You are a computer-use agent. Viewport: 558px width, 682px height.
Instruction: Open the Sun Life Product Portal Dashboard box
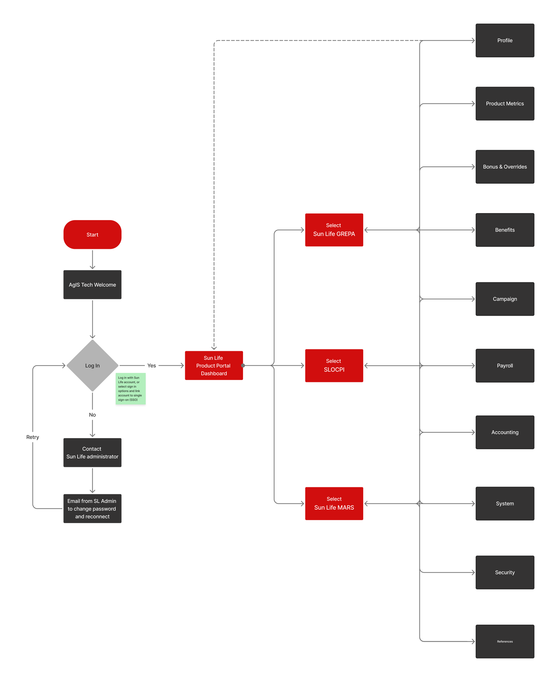pos(214,365)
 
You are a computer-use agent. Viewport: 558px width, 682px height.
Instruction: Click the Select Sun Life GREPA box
pos(334,230)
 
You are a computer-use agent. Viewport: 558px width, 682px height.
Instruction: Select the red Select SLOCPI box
pos(334,365)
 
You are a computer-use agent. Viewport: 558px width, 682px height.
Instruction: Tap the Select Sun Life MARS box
pos(334,503)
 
